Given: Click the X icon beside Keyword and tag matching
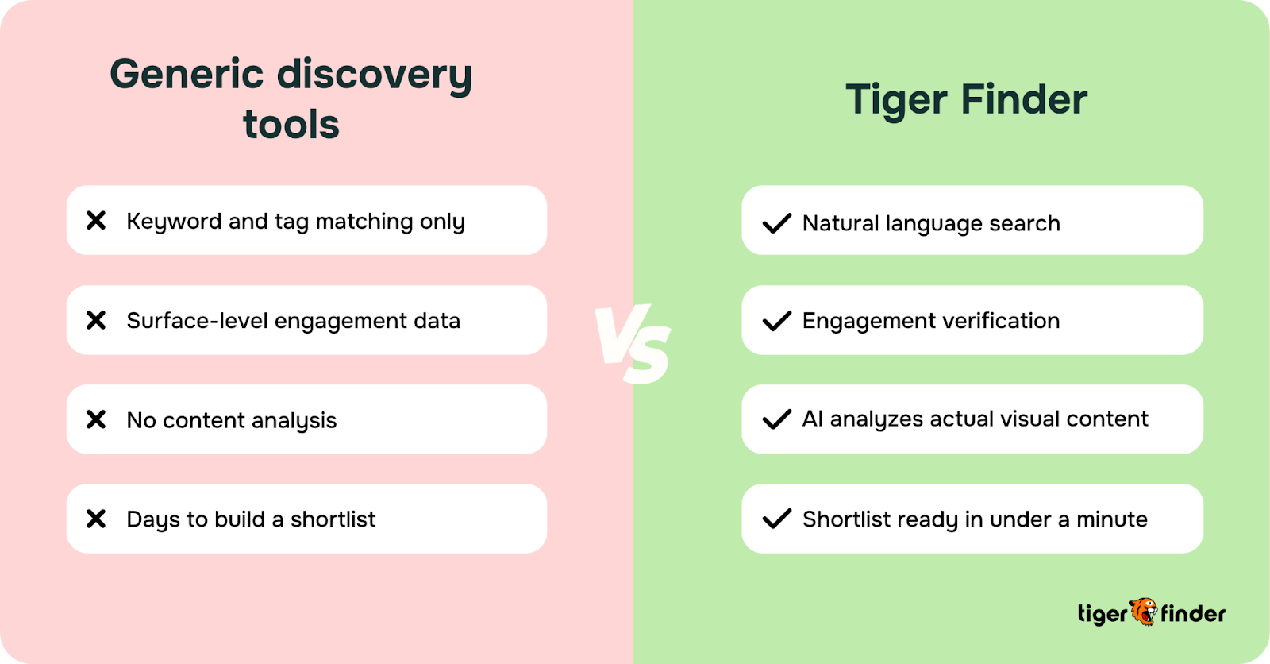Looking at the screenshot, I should coord(96,220).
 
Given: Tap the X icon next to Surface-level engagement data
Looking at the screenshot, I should coord(96,320).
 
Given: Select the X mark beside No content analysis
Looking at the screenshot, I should coord(96,419).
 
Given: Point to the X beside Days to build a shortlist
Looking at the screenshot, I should coord(96,519).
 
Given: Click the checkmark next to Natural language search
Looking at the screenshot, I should coord(776,223).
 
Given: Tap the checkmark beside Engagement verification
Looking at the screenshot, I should coord(776,321).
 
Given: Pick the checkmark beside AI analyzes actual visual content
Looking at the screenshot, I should coord(776,419).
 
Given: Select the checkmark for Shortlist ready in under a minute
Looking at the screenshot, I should coord(776,519).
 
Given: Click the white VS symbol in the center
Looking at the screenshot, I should coord(633,344).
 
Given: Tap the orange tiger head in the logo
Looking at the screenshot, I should coord(1144,612).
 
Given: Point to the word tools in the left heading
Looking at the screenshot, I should coord(291,125).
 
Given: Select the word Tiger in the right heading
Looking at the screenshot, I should coord(897,100).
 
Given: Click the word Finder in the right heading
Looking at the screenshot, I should coord(1024,99).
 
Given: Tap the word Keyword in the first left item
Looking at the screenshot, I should coord(174,222).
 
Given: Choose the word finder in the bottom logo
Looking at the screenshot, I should coord(1193,613).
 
